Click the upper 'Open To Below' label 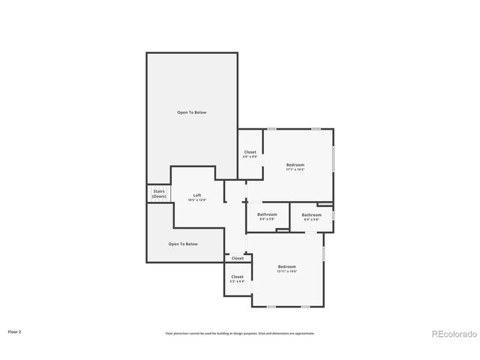(191, 112)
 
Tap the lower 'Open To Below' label (183, 244)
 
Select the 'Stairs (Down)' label (159, 193)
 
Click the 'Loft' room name (197, 196)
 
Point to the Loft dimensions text (197, 200)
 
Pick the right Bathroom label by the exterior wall (311, 215)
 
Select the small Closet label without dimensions (237, 258)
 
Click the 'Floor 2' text (15, 331)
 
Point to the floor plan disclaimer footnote (240, 333)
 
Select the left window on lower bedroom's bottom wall (271, 307)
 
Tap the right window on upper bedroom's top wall (316, 129)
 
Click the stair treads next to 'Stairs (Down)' (169, 193)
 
